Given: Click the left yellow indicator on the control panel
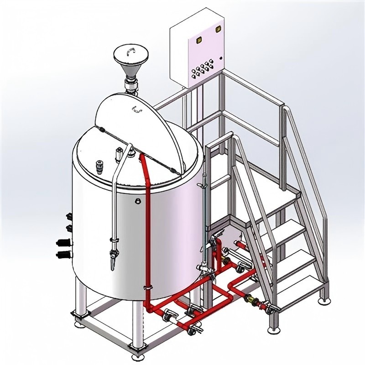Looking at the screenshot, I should (x=198, y=39).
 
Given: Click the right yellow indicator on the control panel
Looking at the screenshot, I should (x=217, y=31).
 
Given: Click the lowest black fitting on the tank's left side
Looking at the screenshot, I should (x=63, y=254).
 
